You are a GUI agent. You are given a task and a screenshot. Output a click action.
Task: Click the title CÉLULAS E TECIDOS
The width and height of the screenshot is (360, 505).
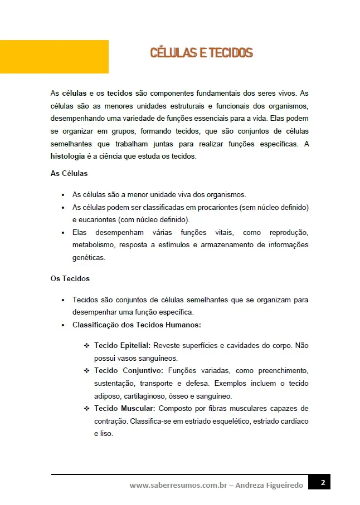pos(201,53)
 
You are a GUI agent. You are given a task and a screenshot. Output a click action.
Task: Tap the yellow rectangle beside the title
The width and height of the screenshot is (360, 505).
pos(54,57)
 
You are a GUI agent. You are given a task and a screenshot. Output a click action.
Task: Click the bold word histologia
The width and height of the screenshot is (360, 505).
pos(67,156)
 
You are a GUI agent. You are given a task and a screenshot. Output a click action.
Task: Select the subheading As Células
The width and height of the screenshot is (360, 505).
pos(69,174)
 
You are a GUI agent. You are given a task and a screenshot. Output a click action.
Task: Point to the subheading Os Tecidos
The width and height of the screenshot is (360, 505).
pos(70,278)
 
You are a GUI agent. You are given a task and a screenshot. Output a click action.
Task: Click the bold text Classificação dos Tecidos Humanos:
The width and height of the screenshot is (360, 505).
pos(137,325)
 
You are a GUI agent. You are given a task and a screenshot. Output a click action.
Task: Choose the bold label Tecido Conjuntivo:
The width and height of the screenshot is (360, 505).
pos(128,370)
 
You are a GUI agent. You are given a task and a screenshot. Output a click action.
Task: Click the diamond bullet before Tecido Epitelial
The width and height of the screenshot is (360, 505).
pos(86,346)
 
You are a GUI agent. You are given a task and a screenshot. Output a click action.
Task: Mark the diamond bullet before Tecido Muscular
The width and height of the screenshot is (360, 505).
pos(86,409)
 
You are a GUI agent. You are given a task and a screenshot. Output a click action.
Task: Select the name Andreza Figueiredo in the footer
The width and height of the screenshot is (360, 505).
pos(270,486)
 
